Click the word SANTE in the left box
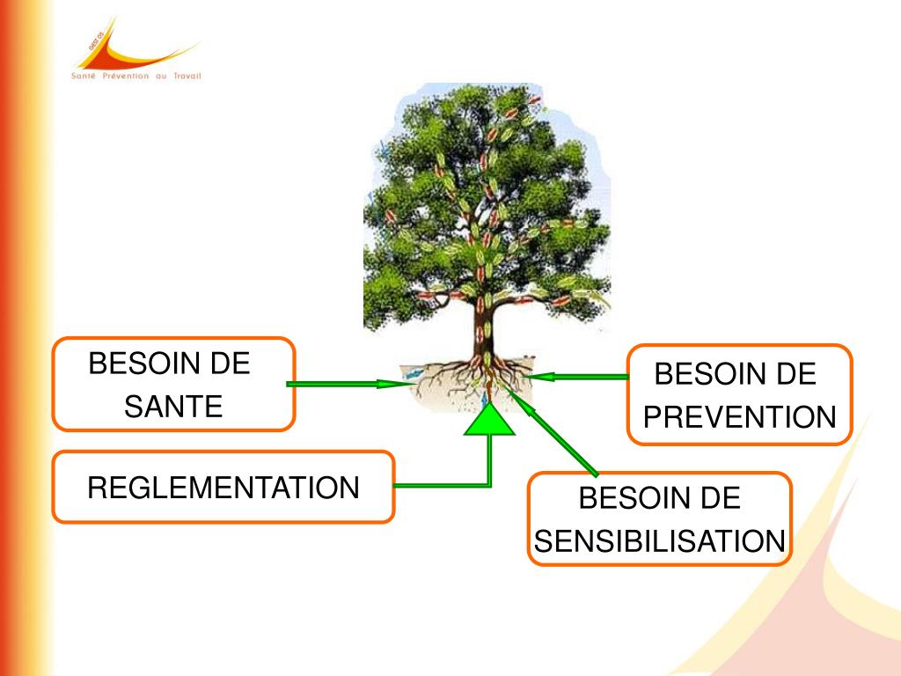point(173,407)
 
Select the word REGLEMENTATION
point(223,487)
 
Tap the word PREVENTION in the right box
point(739,416)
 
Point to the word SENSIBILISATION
point(659,540)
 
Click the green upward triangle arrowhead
point(489,421)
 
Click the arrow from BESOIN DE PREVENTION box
point(581,377)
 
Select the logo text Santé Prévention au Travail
point(136,76)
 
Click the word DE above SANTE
point(230,363)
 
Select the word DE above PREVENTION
point(795,374)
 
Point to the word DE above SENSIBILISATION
point(720,499)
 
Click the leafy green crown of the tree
point(484,194)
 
